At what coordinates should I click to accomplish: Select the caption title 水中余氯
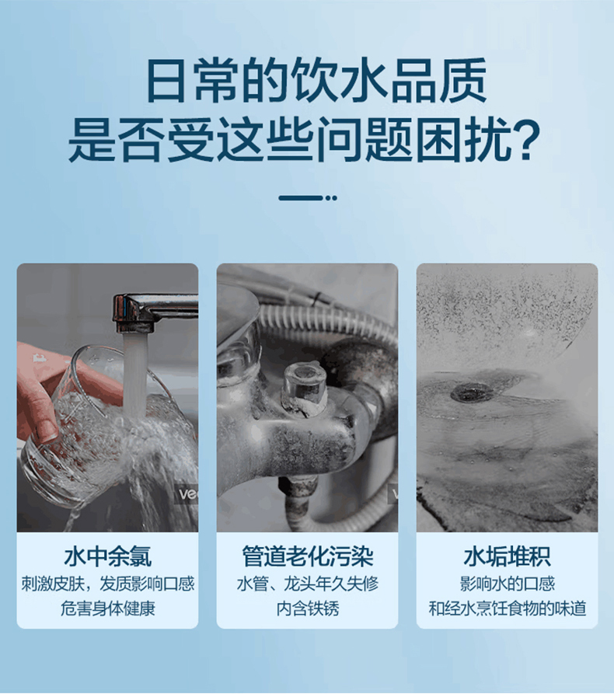[x=107, y=556]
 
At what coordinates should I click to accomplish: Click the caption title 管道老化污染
[x=307, y=556]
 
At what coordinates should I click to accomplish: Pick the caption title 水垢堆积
[x=507, y=556]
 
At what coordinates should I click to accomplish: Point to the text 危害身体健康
[x=107, y=609]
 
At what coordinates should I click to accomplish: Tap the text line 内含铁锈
[x=307, y=609]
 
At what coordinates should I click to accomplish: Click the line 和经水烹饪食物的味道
[x=507, y=609]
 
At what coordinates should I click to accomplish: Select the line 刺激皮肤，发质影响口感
[x=107, y=584]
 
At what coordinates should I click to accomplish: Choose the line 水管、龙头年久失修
[x=307, y=584]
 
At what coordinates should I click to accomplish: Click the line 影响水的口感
[x=507, y=584]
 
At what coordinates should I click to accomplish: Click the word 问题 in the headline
[x=386, y=140]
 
